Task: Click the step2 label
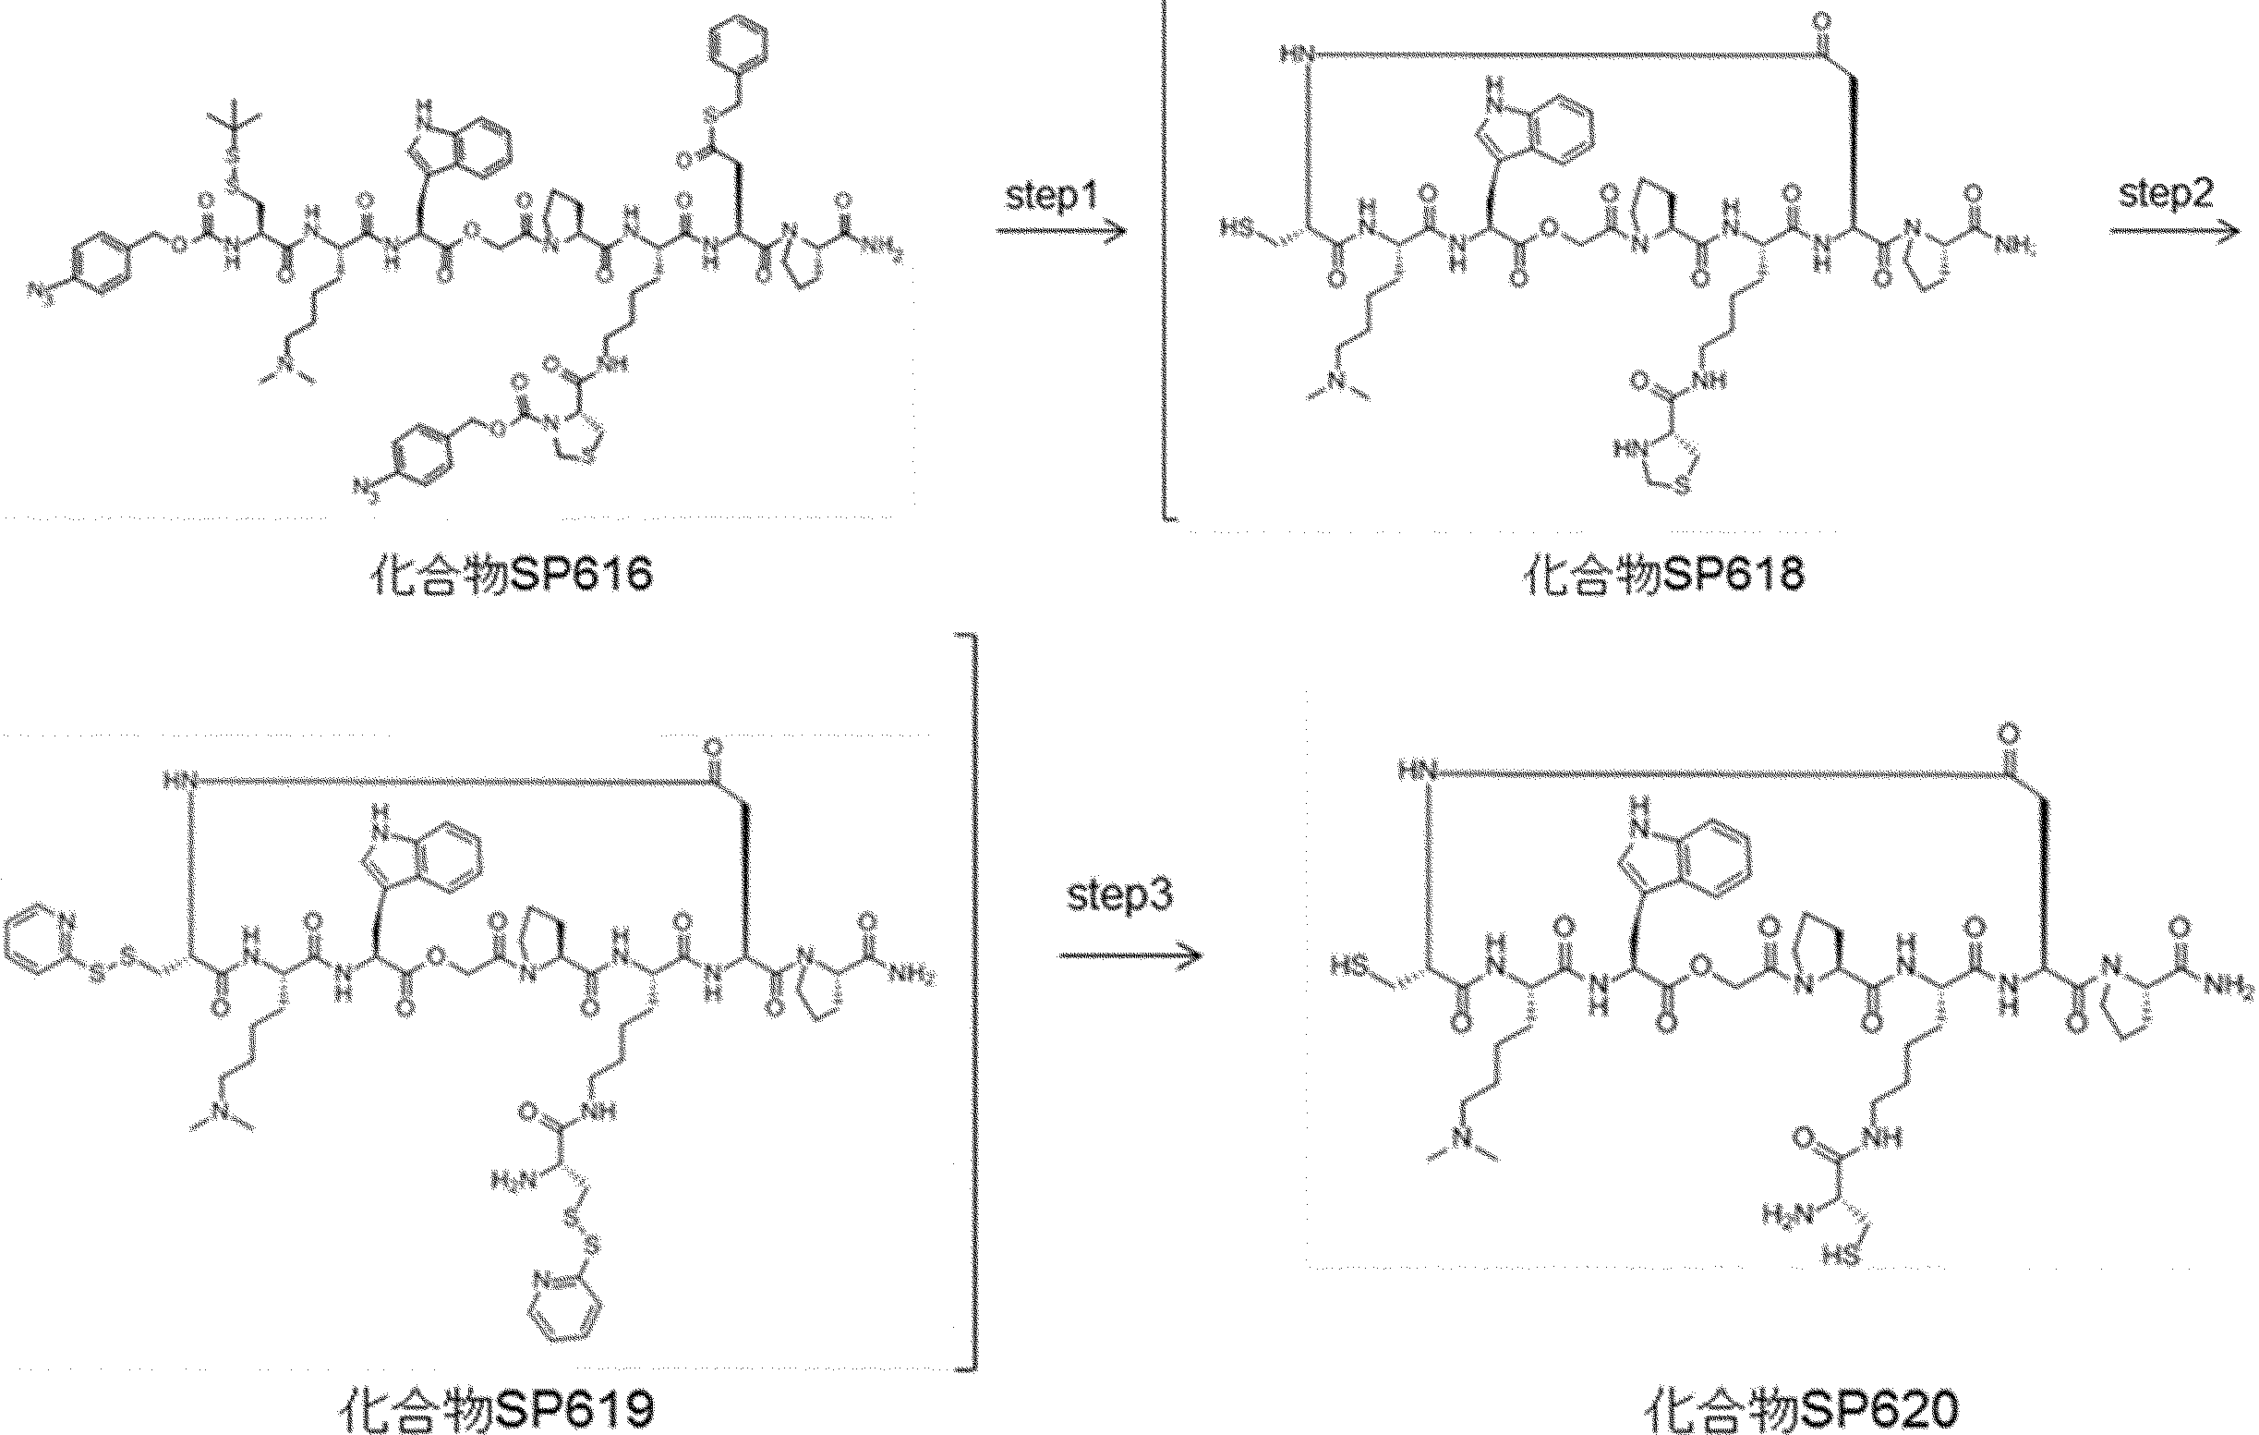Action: click(2166, 194)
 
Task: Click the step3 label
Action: click(1119, 894)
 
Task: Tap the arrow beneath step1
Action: click(1060, 231)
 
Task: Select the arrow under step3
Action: click(1130, 955)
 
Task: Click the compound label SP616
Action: click(510, 575)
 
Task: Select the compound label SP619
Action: click(494, 1409)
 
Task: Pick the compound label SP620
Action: click(1802, 1409)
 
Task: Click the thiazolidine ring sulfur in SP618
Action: click(1680, 487)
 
